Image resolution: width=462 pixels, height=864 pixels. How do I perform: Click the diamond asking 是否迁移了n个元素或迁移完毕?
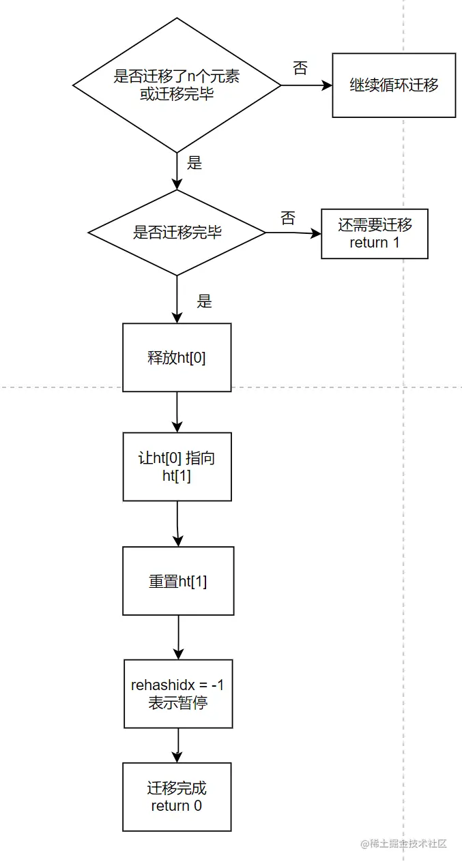(x=177, y=85)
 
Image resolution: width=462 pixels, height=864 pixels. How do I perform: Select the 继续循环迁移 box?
(x=394, y=86)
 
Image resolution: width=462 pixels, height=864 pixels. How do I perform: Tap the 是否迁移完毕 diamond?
(x=177, y=233)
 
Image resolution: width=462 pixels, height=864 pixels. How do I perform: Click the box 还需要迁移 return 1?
(x=375, y=234)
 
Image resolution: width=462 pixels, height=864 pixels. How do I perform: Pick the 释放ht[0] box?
(x=177, y=357)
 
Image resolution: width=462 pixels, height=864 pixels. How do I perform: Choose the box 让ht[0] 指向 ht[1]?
(x=177, y=467)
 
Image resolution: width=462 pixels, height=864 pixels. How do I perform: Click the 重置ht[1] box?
(x=178, y=581)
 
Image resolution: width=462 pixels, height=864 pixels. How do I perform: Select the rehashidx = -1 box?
(x=178, y=694)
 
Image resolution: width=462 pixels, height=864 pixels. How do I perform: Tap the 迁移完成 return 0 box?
(x=177, y=797)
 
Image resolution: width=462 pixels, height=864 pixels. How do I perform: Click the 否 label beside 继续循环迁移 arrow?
(x=300, y=68)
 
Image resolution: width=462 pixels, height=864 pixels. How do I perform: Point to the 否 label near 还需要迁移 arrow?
(x=288, y=218)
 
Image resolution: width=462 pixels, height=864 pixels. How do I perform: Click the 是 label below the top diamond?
(x=194, y=163)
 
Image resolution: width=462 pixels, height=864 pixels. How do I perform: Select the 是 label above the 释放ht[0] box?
(x=204, y=301)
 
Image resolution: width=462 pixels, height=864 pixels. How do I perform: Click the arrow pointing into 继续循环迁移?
(x=306, y=86)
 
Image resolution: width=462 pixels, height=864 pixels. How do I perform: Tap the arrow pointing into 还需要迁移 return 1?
(x=293, y=233)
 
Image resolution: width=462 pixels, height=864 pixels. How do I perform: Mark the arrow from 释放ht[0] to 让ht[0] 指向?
(x=177, y=412)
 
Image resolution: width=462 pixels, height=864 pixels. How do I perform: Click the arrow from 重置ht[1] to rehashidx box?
(x=178, y=637)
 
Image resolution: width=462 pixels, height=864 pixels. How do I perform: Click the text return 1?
(x=375, y=243)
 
